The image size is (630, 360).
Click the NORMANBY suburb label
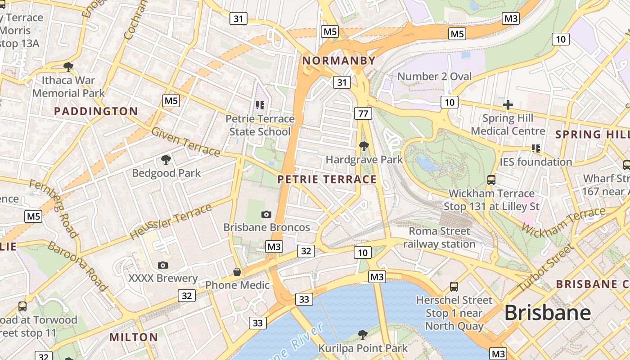(x=338, y=61)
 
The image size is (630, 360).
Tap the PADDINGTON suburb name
(x=96, y=112)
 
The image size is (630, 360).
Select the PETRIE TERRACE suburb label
(x=327, y=180)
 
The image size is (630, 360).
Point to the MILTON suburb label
(x=134, y=337)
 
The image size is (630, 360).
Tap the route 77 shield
(x=363, y=113)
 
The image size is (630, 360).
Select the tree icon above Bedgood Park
(x=166, y=160)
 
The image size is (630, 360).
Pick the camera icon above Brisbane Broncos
(x=266, y=214)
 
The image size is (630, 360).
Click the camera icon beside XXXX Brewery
(x=163, y=265)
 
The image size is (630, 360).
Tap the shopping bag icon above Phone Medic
(x=237, y=272)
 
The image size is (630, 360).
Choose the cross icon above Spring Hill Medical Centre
(x=508, y=105)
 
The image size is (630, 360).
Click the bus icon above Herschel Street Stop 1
(x=454, y=287)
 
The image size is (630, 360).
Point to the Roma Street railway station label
(x=439, y=238)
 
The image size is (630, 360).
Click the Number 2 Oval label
(x=434, y=76)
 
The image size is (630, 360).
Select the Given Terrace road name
(x=185, y=142)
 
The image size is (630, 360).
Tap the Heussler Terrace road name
(x=171, y=222)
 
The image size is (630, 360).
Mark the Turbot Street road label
(x=545, y=267)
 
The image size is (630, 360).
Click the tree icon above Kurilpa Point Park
(x=362, y=335)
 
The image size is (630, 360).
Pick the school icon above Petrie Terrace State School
(x=260, y=105)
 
